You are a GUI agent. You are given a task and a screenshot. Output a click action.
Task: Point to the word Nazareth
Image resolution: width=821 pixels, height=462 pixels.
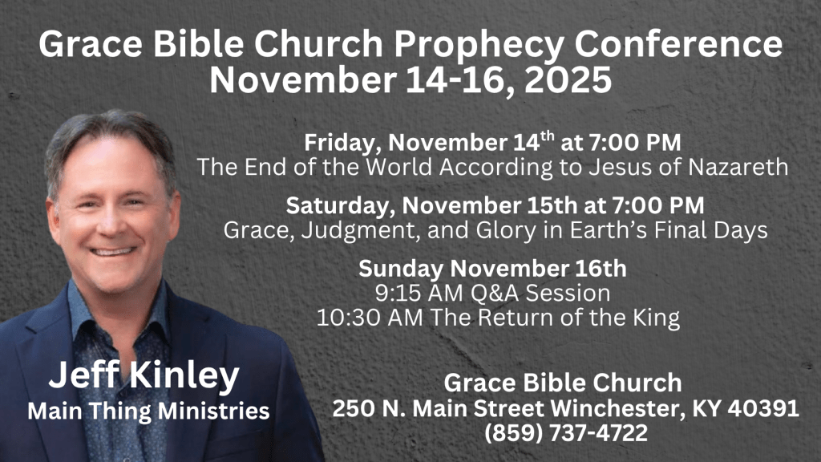coord(738,167)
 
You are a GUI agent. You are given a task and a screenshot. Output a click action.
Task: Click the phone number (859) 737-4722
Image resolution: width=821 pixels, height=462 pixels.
coord(565,433)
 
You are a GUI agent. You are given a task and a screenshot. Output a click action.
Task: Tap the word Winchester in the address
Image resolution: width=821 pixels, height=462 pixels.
coord(618,408)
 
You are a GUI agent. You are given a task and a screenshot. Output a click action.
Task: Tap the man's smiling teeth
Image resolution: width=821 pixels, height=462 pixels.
coord(112,251)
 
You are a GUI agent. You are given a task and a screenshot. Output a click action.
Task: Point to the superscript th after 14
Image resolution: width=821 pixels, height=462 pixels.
coord(547,136)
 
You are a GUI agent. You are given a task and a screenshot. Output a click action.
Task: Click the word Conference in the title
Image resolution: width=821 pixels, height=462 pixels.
coord(678,44)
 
